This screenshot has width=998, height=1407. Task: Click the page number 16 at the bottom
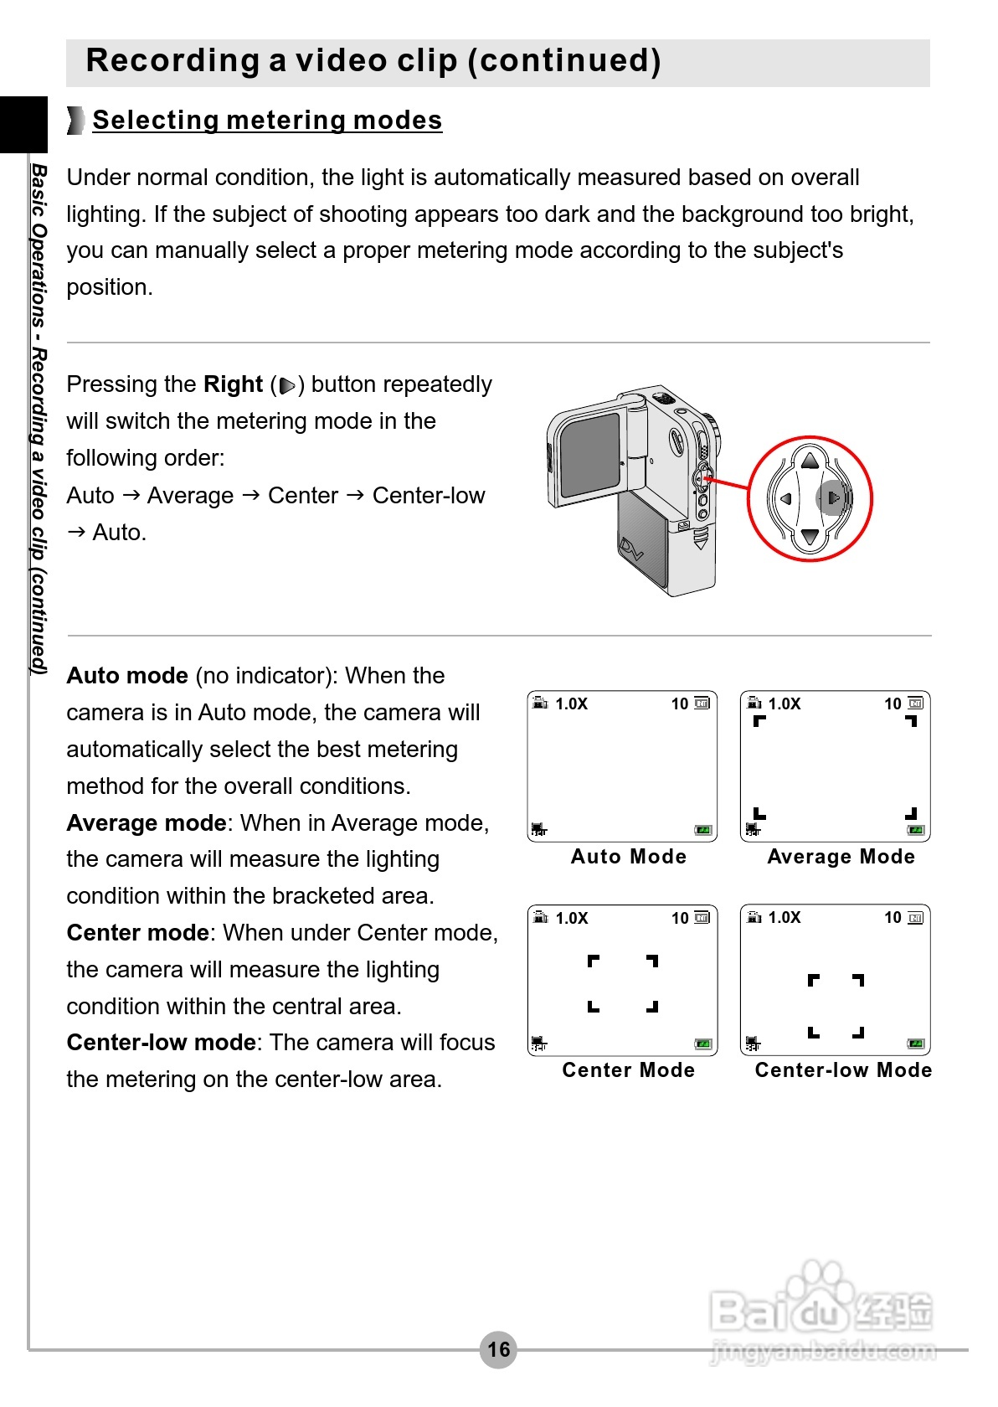[x=498, y=1349]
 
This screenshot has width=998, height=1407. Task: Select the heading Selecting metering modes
[x=267, y=121]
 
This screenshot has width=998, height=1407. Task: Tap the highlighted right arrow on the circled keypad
[x=833, y=498]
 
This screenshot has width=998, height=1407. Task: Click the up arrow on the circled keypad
[x=810, y=460]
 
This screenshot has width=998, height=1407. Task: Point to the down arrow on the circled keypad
[x=810, y=537]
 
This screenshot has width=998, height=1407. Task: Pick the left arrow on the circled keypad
[x=785, y=498]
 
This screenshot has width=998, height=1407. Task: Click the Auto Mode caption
[x=628, y=857]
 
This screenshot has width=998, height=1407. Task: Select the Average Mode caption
[x=841, y=857]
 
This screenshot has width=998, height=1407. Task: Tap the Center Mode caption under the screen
[x=628, y=1070]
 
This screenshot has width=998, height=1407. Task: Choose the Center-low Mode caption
[x=843, y=1070]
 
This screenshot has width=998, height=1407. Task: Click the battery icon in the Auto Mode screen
[x=703, y=830]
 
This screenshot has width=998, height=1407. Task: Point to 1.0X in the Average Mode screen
[x=785, y=704]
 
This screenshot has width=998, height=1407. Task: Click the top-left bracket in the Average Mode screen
[x=759, y=721]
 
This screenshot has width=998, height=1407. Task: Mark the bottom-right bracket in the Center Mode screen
[x=652, y=1007]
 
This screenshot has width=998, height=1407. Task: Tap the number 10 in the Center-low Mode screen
[x=893, y=918]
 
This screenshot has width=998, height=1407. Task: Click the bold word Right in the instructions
[x=233, y=384]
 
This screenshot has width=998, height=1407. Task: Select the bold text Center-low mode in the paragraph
[x=161, y=1043]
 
